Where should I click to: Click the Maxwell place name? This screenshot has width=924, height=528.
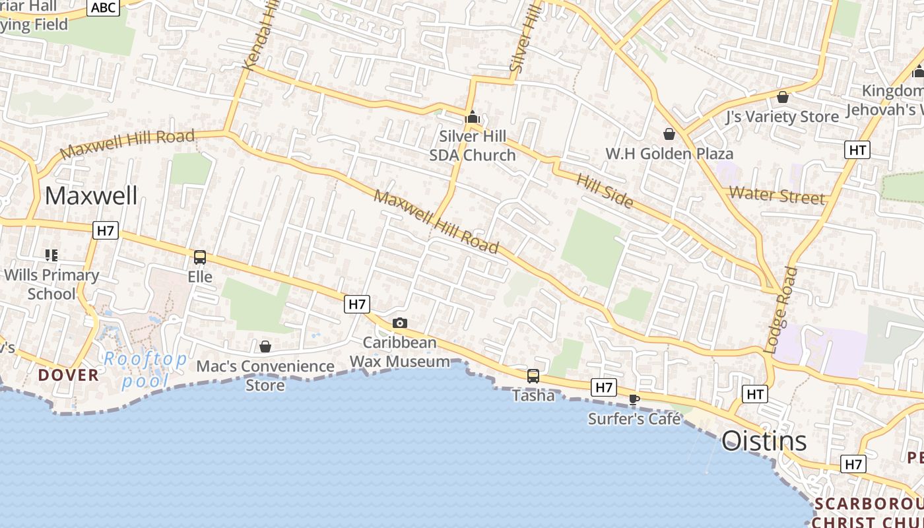tap(91, 195)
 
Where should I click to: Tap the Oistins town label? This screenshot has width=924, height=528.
tap(764, 440)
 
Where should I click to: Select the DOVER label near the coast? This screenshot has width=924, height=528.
tap(68, 375)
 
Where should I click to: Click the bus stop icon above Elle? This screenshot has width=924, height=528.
tap(200, 257)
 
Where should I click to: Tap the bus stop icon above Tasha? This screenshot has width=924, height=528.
tap(533, 376)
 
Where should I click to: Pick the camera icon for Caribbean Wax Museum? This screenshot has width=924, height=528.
tap(399, 323)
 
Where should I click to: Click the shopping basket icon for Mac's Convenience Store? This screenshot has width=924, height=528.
tap(265, 346)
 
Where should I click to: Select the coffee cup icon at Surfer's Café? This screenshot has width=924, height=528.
tap(634, 399)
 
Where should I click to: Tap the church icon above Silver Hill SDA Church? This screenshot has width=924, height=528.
tap(472, 118)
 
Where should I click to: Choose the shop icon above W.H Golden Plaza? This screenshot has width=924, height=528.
tap(669, 135)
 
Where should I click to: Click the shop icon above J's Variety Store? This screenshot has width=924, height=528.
tap(783, 98)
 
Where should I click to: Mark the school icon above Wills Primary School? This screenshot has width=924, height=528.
tap(51, 255)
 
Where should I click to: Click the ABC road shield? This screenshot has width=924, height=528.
tap(104, 8)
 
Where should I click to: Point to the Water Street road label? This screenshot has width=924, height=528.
tap(777, 195)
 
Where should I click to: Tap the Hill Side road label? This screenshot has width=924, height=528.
tap(605, 190)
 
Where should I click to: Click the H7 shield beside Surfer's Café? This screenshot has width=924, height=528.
tap(604, 387)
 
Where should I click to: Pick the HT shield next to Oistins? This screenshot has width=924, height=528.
tap(754, 395)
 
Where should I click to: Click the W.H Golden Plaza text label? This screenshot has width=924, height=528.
tap(669, 154)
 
